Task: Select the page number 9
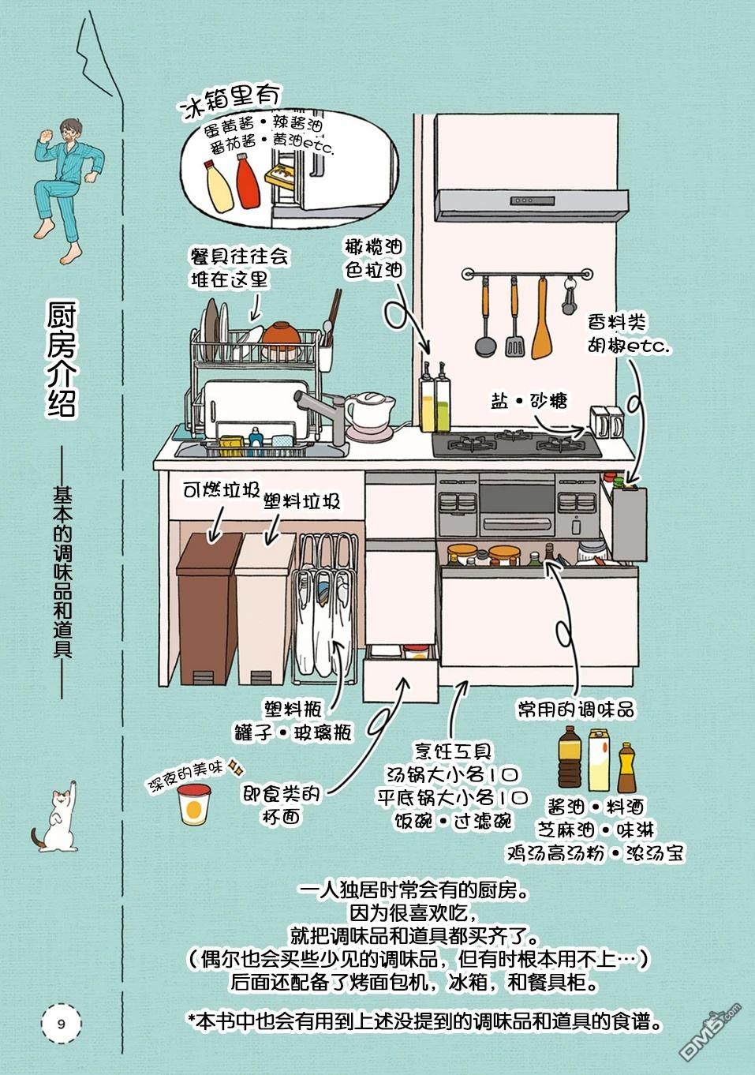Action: coord(61,1024)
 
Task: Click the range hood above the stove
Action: coord(533,204)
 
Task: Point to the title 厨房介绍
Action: coord(61,362)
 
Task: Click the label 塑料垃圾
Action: coord(302,500)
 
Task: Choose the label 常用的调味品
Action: coord(575,708)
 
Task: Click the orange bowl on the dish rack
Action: coord(282,333)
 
